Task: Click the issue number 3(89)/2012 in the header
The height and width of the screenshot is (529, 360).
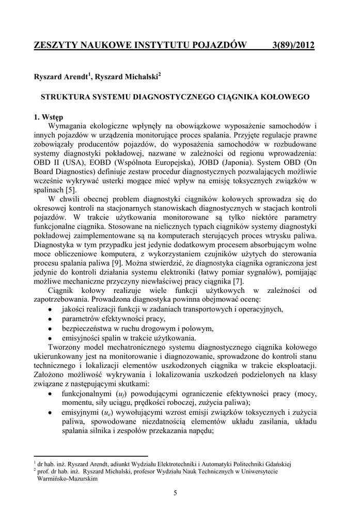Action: (293, 46)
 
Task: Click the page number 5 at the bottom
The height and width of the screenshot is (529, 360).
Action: (175, 492)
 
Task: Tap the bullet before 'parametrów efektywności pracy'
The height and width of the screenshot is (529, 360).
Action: (50, 320)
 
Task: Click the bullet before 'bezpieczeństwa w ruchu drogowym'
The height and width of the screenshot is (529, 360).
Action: (50, 329)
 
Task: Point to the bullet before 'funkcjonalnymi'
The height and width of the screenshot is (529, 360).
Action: (50, 393)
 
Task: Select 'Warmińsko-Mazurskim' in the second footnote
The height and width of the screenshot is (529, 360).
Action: (68, 478)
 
